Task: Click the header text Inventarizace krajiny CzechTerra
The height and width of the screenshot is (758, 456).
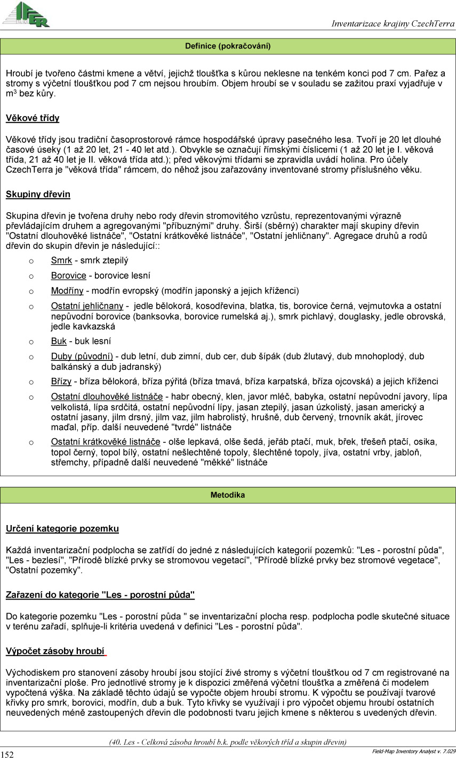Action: [x=393, y=24]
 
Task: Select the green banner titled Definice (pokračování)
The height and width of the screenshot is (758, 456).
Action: [x=228, y=46]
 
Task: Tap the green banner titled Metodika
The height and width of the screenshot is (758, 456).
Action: [x=228, y=495]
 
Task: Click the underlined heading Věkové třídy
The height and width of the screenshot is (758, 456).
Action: [x=33, y=118]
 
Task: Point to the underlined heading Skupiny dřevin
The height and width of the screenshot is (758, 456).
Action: [x=38, y=195]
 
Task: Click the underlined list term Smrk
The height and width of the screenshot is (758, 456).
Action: [x=61, y=261]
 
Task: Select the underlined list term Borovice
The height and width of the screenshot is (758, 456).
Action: [x=68, y=276]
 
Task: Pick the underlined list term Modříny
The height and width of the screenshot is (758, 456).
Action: [x=67, y=291]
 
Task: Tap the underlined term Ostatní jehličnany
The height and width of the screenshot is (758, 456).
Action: [x=87, y=306]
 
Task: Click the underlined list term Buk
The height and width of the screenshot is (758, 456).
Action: [x=59, y=341]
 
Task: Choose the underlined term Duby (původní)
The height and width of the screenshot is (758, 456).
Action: [x=82, y=357]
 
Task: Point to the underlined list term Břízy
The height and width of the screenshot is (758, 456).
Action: [x=62, y=382]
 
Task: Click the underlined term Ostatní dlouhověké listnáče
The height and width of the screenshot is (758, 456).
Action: [x=107, y=397]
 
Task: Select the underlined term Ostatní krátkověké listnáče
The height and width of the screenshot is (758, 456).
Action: [x=106, y=442]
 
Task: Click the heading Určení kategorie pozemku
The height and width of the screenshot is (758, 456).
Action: [x=62, y=529]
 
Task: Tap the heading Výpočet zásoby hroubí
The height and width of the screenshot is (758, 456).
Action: [x=55, y=651]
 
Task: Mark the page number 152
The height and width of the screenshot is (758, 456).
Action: [x=7, y=754]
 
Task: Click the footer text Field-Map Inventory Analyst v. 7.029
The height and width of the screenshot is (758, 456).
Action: [x=413, y=751]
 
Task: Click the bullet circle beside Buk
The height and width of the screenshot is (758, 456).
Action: [x=31, y=342]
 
